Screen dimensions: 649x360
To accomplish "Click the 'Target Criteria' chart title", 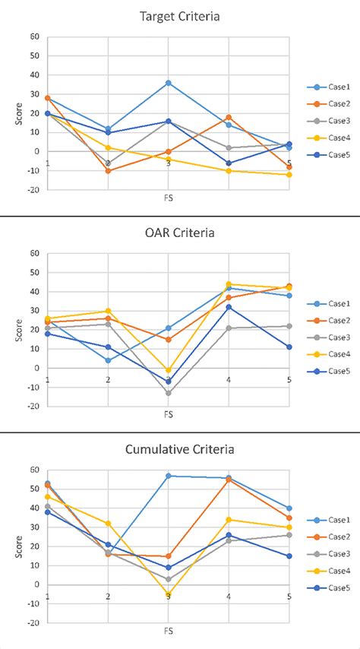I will point(168,15).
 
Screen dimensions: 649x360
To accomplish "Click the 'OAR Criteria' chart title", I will point(168,233).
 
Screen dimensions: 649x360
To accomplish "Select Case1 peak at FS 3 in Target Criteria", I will point(168,83).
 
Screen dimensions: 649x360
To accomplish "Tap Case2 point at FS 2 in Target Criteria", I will point(108,171).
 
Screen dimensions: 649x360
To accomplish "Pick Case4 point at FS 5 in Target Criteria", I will point(289,175).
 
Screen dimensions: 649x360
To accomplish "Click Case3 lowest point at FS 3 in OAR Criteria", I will point(168,393).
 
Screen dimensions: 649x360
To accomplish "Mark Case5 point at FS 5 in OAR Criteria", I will point(289,347).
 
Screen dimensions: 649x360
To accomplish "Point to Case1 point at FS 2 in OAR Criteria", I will point(108,360).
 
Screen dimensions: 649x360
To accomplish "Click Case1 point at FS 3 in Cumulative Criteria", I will point(168,476).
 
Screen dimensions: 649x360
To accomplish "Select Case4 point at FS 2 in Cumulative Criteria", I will point(108,524).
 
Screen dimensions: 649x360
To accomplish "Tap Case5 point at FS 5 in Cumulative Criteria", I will point(289,556).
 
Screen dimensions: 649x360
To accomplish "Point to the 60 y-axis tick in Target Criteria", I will point(34,36).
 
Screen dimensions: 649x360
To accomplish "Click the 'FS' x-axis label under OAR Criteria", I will point(168,416).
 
